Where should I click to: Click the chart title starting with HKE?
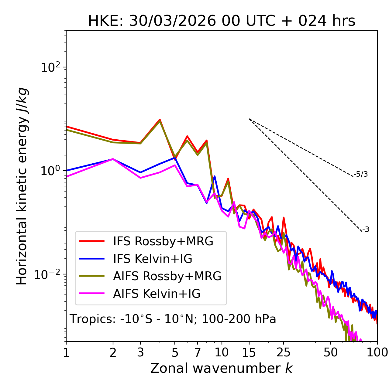[x=222, y=21]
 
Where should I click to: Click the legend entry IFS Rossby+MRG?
[x=163, y=241]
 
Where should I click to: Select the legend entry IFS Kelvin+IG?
[x=153, y=259]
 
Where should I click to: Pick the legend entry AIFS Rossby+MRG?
[x=167, y=276]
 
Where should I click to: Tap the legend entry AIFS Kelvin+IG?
[x=157, y=294]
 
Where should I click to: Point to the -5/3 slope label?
[x=360, y=174]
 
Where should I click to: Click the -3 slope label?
[x=366, y=229]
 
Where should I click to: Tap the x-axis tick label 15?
[x=249, y=352]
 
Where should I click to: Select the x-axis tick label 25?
[x=283, y=352]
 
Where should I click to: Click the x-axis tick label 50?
[x=330, y=352]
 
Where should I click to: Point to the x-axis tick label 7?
[x=198, y=352]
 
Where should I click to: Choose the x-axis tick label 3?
[x=140, y=352]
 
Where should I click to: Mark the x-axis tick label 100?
[x=377, y=352]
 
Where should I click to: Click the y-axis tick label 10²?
[x=50, y=67]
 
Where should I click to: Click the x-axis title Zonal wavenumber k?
[x=222, y=368]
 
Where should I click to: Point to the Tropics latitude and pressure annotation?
[x=173, y=319]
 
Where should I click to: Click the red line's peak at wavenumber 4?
[x=160, y=120]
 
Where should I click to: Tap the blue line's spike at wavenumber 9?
[x=215, y=176]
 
